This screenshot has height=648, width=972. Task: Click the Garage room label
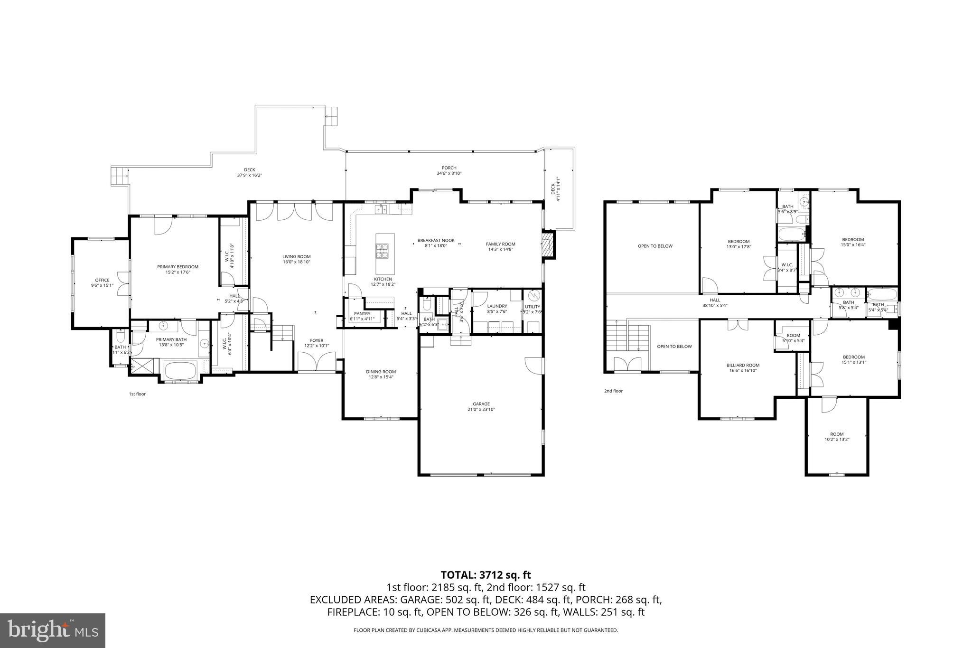[x=481, y=406]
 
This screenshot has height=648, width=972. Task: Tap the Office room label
[x=102, y=282]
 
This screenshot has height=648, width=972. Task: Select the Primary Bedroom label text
[x=178, y=269]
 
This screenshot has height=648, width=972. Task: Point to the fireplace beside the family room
[x=548, y=244]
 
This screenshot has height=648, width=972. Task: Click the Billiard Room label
[x=742, y=368]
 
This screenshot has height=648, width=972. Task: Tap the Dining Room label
[x=381, y=374]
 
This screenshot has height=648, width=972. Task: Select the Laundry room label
[x=497, y=309]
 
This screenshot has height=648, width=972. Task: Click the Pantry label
[x=362, y=316]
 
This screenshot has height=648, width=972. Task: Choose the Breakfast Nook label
[x=436, y=243]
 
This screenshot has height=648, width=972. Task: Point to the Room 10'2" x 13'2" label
[x=837, y=437]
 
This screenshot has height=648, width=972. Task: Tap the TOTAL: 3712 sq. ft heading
[x=486, y=575]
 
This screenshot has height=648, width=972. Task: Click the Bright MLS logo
[x=53, y=630]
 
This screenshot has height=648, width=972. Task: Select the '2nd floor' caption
[x=613, y=391]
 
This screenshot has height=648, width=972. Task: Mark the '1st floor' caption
[x=137, y=394]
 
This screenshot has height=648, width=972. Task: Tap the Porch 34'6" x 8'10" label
[x=449, y=170]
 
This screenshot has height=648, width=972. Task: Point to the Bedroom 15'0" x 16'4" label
[x=852, y=242]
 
